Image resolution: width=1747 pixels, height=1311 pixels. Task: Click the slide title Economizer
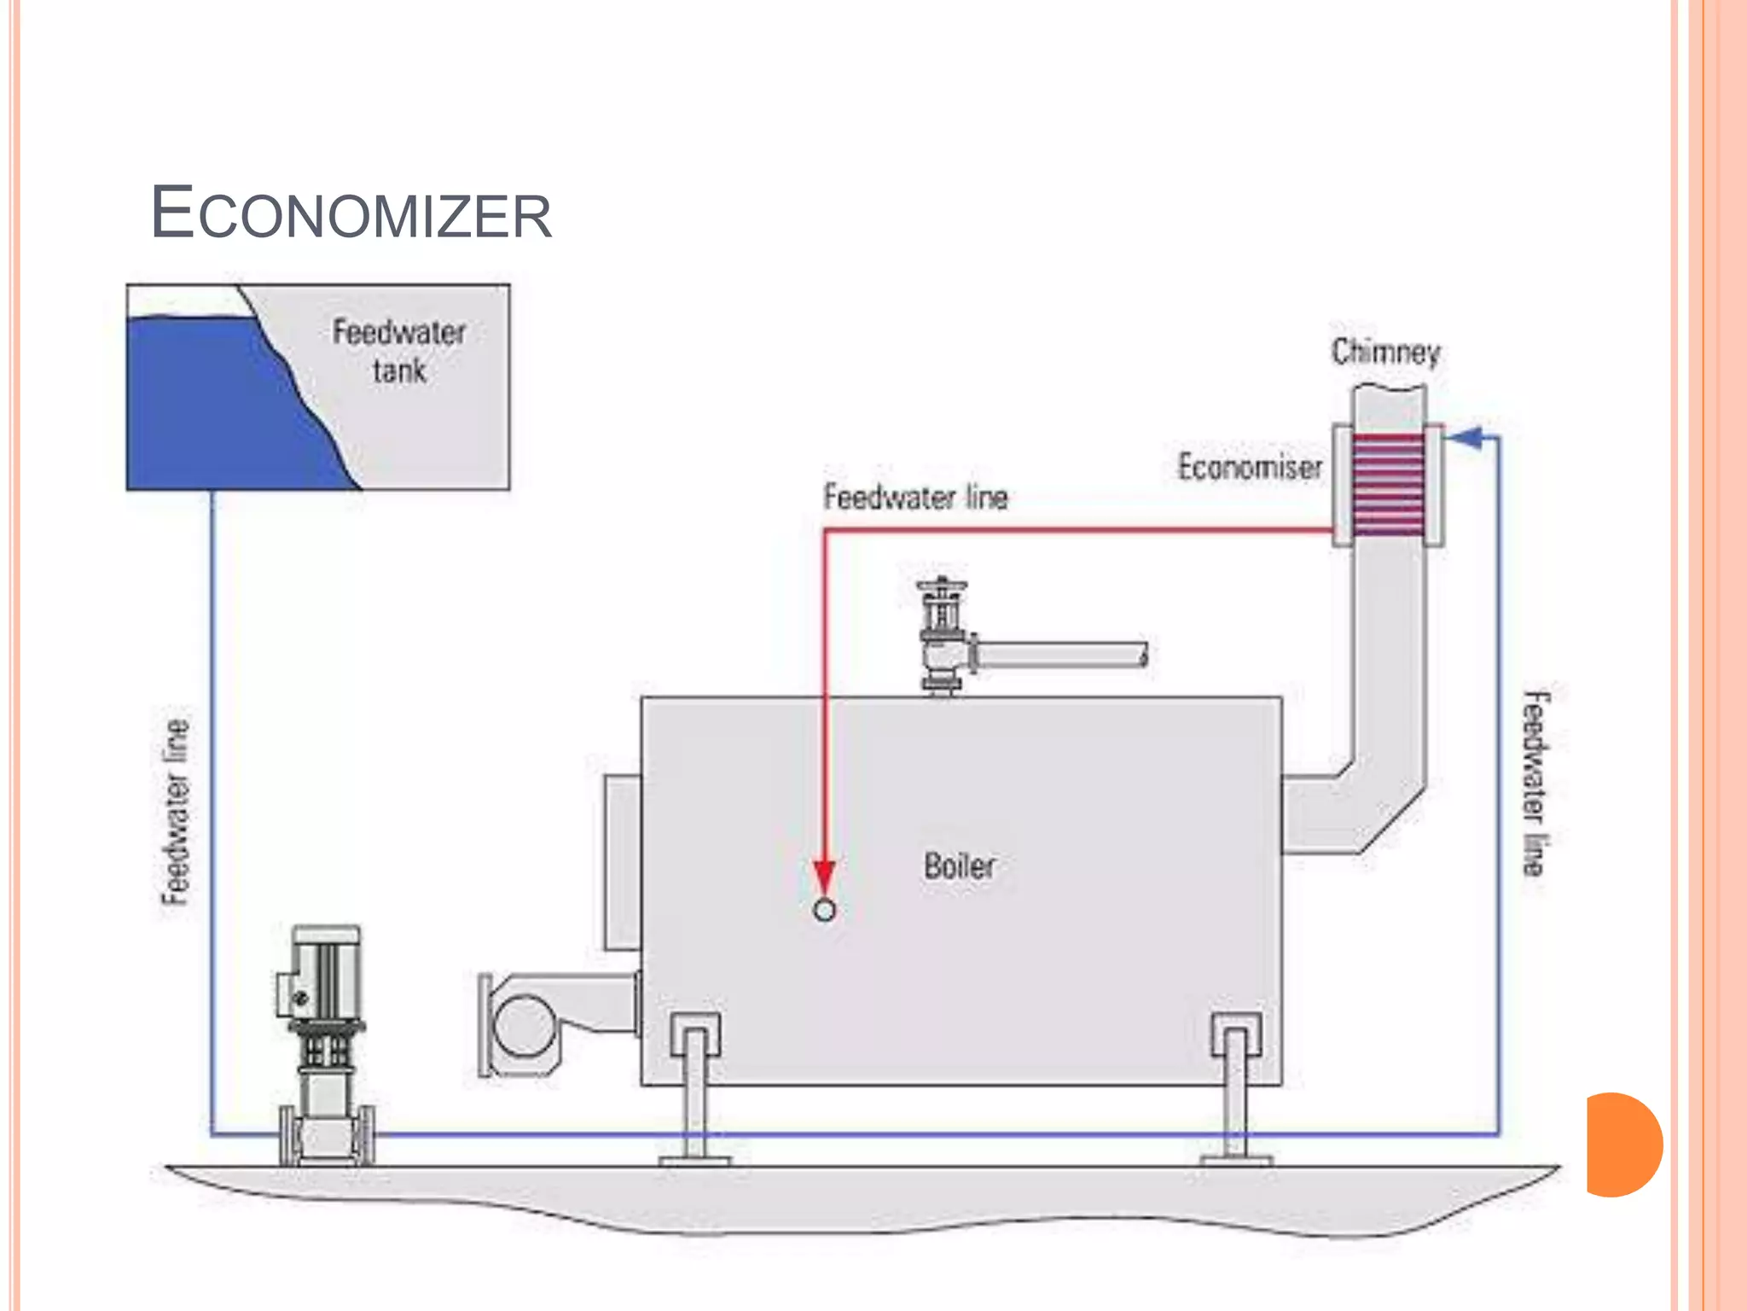[x=351, y=213]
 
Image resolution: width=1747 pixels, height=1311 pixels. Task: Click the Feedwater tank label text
[x=399, y=351]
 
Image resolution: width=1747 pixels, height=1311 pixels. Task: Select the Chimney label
[x=1385, y=352]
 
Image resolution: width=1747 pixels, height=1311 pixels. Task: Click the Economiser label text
[x=1250, y=467]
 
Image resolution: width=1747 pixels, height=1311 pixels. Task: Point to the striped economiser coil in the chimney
[x=1389, y=485]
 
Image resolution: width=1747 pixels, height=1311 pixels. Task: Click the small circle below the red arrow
[x=824, y=911]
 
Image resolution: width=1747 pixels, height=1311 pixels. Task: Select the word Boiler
[x=959, y=865]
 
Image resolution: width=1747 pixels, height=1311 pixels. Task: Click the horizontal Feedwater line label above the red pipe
[x=915, y=497]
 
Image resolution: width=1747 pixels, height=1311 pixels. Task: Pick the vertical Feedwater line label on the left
[x=176, y=811]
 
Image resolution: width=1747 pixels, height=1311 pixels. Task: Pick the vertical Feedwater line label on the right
[x=1535, y=783]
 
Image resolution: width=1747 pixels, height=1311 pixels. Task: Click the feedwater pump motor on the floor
[x=326, y=973]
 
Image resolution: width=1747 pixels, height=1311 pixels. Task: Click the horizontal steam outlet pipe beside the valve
[x=1062, y=655]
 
